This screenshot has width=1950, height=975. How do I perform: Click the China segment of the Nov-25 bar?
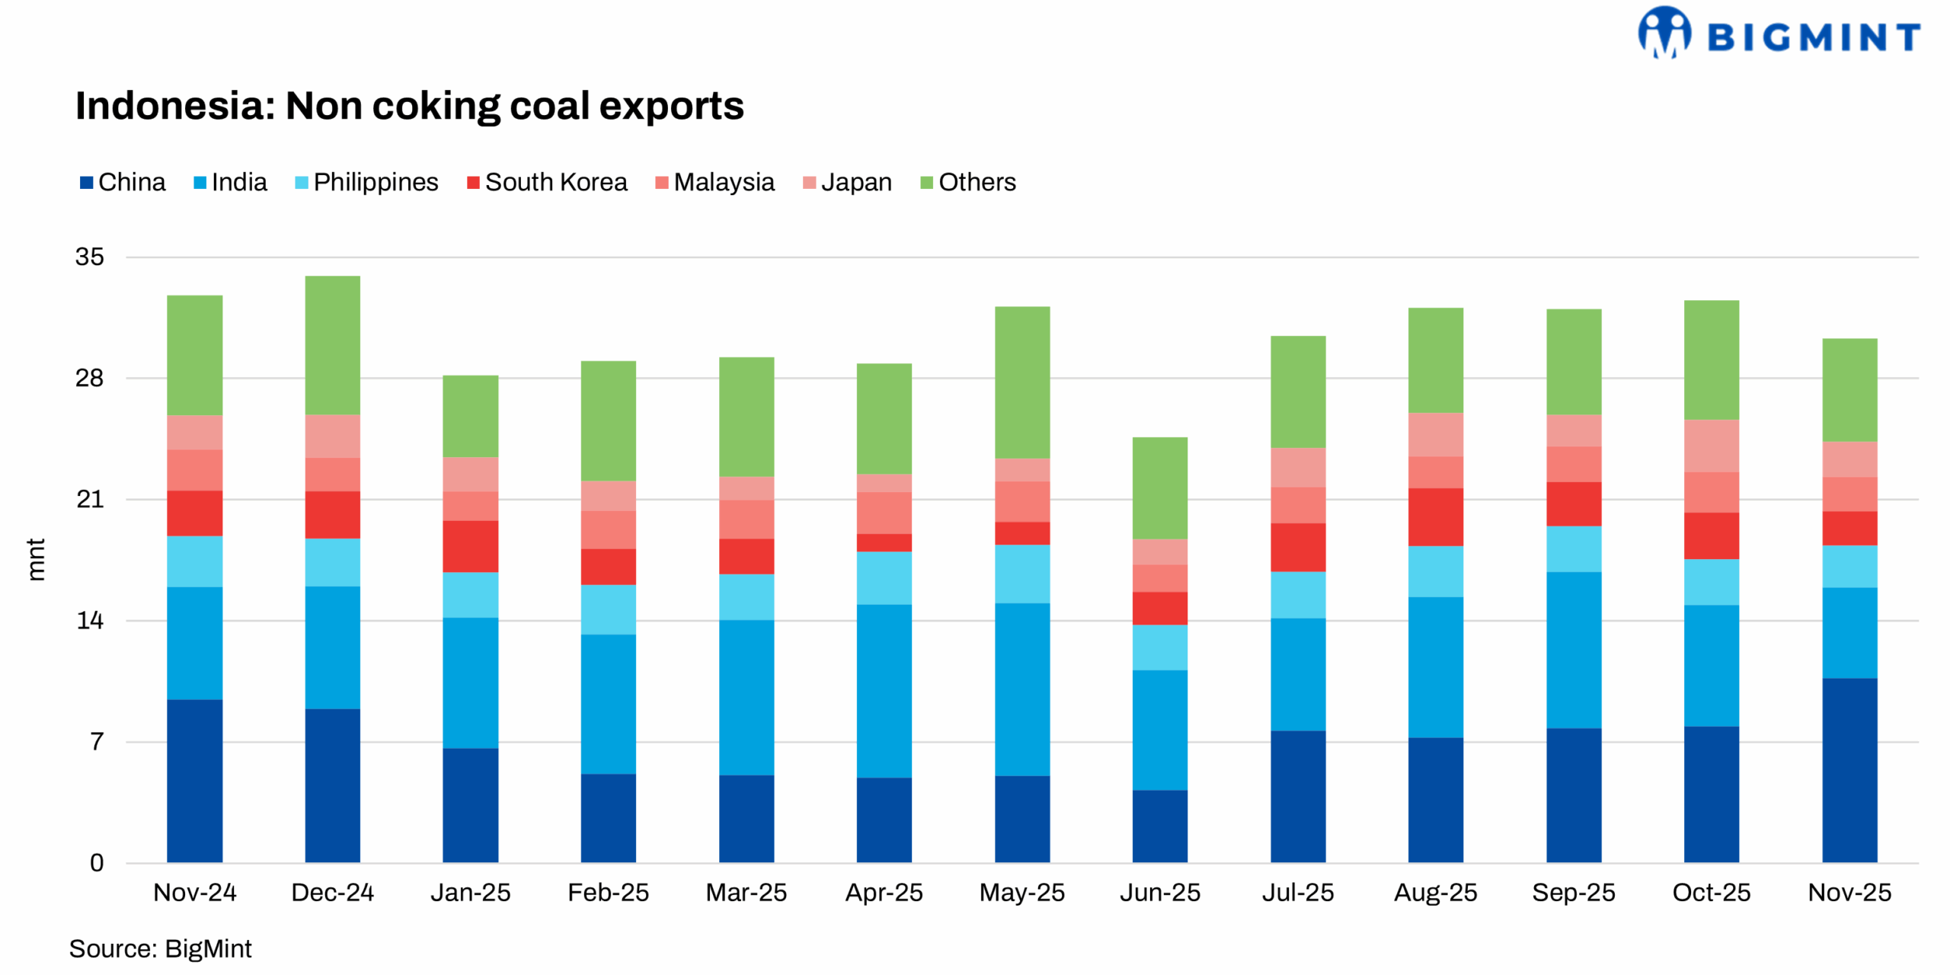click(1849, 769)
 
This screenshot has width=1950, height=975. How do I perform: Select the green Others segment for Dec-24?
click(333, 345)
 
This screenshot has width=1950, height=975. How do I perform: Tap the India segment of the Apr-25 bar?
click(884, 690)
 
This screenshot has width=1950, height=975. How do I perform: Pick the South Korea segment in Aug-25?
click(1435, 516)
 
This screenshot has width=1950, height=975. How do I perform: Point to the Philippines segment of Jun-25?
click(1159, 647)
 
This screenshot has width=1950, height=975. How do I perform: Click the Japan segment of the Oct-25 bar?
click(1711, 446)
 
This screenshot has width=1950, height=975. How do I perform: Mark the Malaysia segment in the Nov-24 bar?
click(195, 470)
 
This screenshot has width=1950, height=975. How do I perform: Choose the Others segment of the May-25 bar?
click(1021, 382)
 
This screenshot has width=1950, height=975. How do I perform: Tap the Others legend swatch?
click(926, 183)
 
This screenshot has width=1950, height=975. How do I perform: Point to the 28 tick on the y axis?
click(89, 378)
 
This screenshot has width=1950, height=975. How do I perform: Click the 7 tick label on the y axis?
click(97, 741)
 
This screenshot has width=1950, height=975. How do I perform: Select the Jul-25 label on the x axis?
click(1297, 892)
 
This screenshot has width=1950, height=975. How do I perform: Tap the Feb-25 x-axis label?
click(608, 892)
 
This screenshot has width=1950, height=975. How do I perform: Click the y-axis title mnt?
click(36, 559)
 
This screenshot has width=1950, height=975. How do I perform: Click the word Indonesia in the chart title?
click(174, 106)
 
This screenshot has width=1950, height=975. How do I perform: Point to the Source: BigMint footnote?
click(160, 948)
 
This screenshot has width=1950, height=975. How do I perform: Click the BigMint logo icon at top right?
click(1664, 32)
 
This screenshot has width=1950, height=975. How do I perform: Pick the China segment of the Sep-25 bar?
click(1573, 795)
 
